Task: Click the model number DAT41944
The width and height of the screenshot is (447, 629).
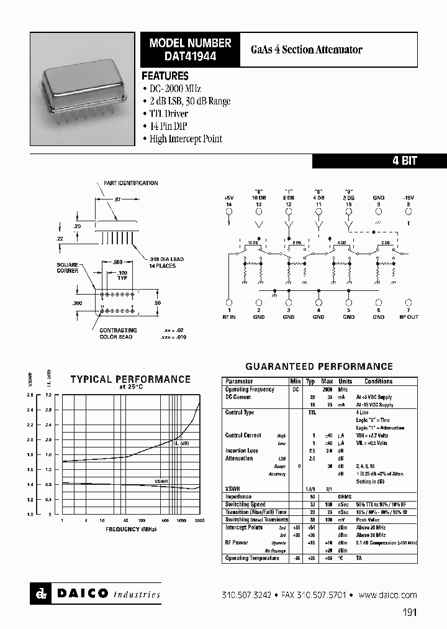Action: point(190,55)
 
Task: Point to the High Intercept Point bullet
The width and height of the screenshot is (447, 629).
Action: point(185,139)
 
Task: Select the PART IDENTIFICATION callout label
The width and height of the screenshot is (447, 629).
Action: point(130,183)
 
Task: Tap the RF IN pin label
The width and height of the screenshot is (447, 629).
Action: point(229,316)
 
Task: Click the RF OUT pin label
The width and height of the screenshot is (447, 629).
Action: point(409,316)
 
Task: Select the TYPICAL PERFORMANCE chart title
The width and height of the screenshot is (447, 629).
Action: point(130,379)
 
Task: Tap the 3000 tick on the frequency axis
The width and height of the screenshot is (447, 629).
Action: point(199,520)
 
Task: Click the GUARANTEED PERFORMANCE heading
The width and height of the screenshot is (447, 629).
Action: point(318,367)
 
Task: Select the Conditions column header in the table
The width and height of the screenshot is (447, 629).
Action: point(378,381)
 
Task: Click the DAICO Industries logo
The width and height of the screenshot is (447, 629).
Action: point(96,594)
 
